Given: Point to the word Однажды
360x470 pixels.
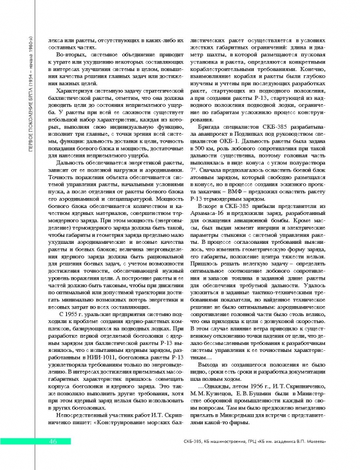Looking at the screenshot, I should [217, 398].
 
